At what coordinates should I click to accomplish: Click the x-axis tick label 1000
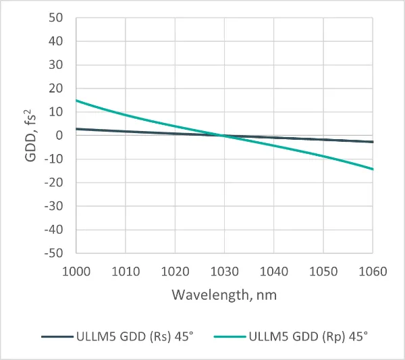(76, 272)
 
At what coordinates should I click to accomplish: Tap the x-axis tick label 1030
(225, 272)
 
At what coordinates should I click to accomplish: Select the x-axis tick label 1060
(373, 272)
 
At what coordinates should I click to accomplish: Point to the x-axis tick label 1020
(175, 272)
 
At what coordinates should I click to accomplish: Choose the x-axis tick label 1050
(323, 272)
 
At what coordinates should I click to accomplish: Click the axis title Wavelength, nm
(224, 295)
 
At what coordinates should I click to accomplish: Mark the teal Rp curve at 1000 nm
(77, 101)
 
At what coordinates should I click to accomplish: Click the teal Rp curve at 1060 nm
(373, 169)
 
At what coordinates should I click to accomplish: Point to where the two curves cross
(223, 136)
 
